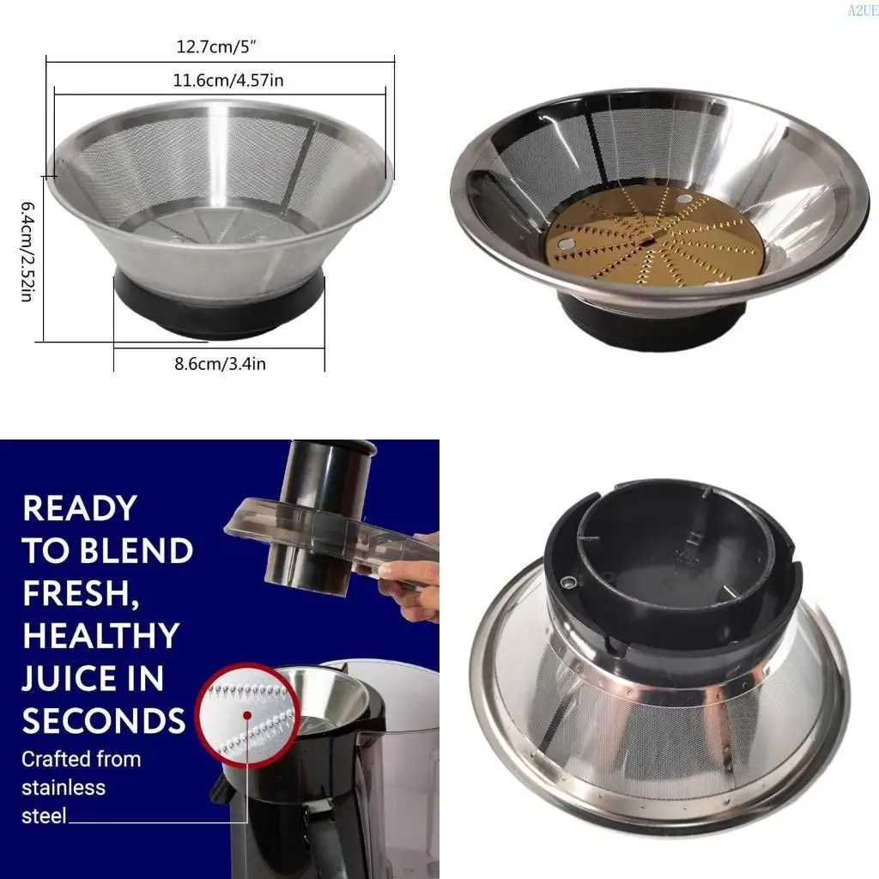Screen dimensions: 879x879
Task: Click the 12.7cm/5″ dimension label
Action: pos(219,47)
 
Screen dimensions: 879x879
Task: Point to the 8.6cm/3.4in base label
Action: pos(220,364)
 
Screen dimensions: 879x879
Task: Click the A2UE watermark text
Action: pos(862,10)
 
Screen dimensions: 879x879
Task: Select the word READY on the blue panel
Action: pos(80,508)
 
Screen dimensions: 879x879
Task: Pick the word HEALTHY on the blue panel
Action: pos(100,636)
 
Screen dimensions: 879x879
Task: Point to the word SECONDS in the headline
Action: pos(104,721)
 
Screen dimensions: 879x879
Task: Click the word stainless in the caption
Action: pos(63,787)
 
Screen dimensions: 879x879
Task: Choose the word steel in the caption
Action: pos(44,815)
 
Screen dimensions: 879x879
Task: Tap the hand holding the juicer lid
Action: pos(409,584)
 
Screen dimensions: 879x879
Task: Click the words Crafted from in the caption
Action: pos(81,759)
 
